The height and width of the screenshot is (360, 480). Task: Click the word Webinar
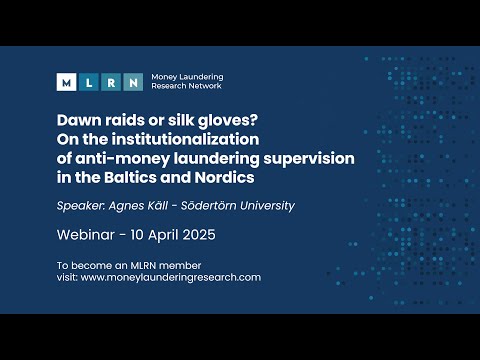click(x=88, y=237)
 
